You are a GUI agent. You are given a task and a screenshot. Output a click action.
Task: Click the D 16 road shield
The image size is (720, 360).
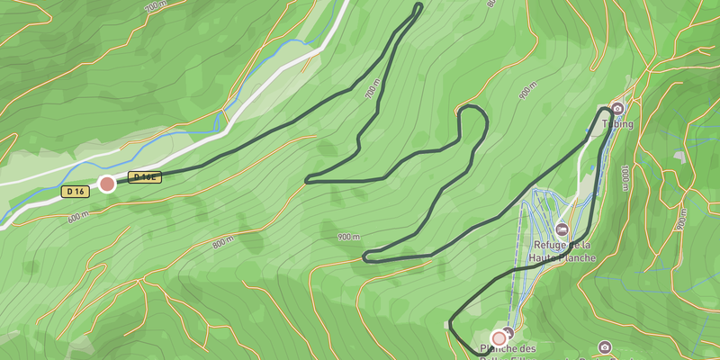click(75, 191)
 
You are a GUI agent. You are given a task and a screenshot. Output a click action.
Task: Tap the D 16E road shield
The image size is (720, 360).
click(144, 177)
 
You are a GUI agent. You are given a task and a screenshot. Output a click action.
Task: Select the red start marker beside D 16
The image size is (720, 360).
click(107, 184)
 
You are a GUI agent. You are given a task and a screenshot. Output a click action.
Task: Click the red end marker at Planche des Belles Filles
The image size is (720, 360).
click(499, 338)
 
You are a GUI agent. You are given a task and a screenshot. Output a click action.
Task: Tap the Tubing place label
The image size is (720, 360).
click(622, 124)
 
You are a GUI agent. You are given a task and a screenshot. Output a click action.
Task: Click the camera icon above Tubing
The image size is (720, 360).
click(617, 109)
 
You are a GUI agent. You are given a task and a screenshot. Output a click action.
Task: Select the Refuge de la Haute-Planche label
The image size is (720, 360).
click(562, 251)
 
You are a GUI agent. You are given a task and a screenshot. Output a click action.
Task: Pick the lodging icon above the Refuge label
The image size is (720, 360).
click(562, 229)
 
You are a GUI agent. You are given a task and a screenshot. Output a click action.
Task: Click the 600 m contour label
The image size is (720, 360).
click(78, 217)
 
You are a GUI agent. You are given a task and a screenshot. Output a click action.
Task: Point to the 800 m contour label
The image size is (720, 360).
click(222, 241)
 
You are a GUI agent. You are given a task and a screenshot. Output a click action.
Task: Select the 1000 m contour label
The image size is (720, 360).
click(624, 177)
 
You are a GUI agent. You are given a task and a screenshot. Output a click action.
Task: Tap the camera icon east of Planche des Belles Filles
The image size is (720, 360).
click(605, 347)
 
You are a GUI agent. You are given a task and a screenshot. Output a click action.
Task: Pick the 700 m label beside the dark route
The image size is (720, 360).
click(372, 93)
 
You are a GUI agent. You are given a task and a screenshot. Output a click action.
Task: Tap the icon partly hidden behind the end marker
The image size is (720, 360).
click(508, 332)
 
